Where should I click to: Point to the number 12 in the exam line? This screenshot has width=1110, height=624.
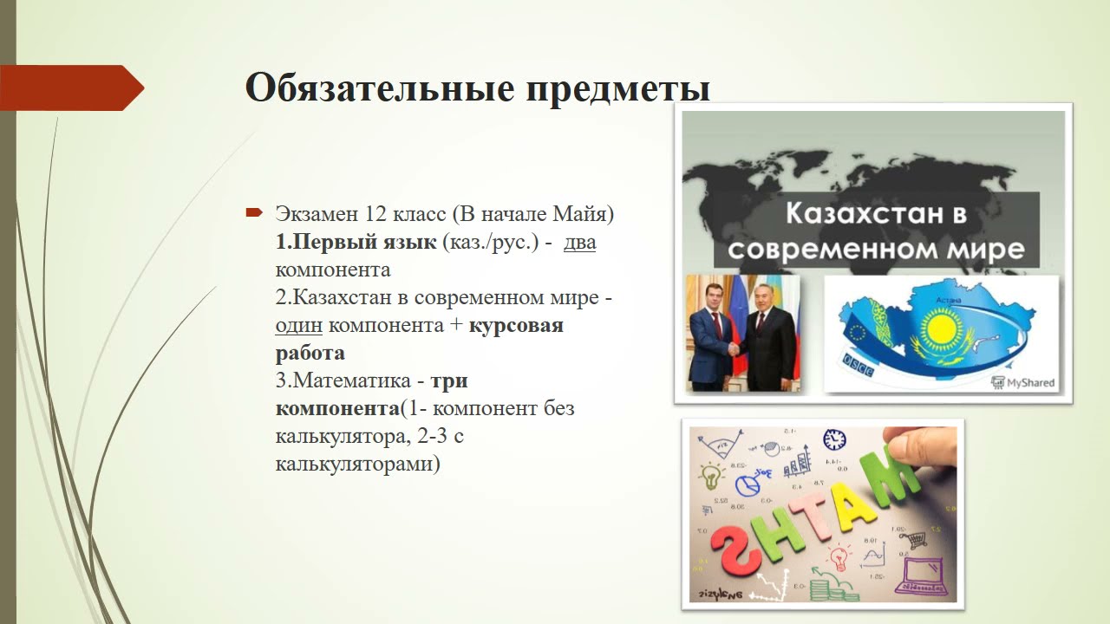(364, 213)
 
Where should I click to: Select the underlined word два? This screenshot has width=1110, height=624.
(579, 242)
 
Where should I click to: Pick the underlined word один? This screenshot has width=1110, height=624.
(298, 325)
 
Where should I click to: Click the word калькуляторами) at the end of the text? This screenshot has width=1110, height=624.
(357, 464)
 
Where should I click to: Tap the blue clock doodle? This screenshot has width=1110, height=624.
(834, 439)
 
